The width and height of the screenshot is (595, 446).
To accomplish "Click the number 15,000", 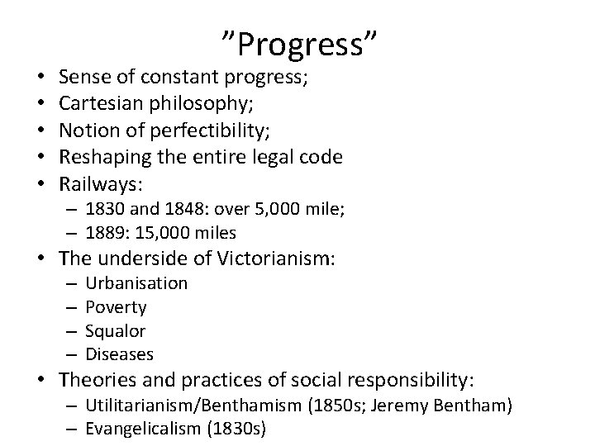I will (158, 234).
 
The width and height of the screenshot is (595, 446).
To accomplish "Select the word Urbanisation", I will (136, 283).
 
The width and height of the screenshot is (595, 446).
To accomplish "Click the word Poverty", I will (116, 307).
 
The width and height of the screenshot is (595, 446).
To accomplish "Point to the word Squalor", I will (116, 331).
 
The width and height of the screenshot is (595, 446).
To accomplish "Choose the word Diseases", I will (120, 354).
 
